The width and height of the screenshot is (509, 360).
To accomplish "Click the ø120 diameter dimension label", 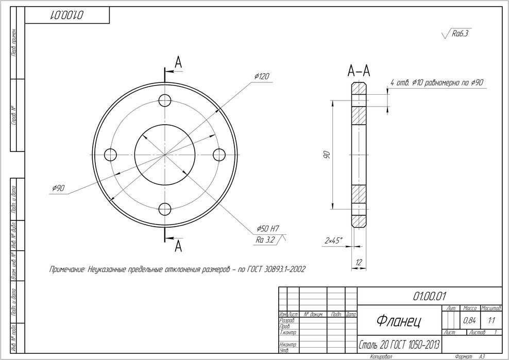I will [x=262, y=77].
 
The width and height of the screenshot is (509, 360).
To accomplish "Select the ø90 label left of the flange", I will [x=58, y=189].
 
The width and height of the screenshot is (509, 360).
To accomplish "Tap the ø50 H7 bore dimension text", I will [x=267, y=229].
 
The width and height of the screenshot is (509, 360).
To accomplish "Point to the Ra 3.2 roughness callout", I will [x=266, y=240].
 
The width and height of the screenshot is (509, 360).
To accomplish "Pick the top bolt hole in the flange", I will [x=165, y=100].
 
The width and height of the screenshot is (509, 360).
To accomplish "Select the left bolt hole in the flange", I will [x=111, y=155].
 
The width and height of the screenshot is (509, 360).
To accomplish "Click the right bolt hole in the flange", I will [x=219, y=155].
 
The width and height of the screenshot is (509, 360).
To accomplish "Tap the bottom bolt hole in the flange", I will [x=165, y=209].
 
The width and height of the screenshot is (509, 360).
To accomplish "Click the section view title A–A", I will [x=359, y=71].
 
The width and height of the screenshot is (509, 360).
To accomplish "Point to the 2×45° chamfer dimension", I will [x=334, y=241].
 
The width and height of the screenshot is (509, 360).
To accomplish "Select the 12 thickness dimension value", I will [x=359, y=263].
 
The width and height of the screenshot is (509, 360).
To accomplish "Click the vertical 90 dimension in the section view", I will [x=326, y=155].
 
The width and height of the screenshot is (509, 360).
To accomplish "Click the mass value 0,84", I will [x=469, y=320].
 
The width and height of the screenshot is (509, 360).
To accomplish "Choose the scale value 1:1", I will [x=491, y=320].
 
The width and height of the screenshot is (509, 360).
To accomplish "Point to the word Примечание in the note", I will [x=66, y=269].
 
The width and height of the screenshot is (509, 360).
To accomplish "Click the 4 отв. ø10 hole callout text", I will [x=436, y=82].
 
